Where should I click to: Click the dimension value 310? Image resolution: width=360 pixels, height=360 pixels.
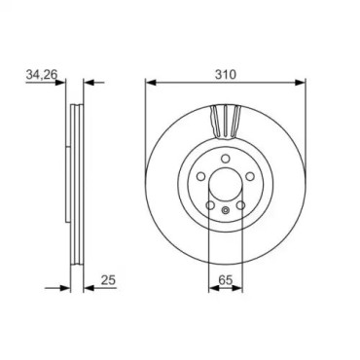pyautogui.click(x=226, y=74)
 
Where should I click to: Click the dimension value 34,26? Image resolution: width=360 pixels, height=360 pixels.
pyautogui.click(x=42, y=75)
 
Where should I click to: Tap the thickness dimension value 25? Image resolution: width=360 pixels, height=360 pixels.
pyautogui.click(x=108, y=280)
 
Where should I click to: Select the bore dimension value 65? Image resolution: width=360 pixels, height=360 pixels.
pyautogui.click(x=226, y=280)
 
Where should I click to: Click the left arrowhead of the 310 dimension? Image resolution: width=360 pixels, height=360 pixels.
pyautogui.click(x=151, y=83)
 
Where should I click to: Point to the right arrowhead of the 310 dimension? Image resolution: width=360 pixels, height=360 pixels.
pyautogui.click(x=301, y=83)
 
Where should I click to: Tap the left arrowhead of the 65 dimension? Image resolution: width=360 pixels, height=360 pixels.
pyautogui.click(x=213, y=287)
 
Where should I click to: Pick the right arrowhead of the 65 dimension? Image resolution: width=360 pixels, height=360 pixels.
pyautogui.click(x=237, y=287)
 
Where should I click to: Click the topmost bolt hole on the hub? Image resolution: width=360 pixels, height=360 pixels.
pyautogui.click(x=226, y=159)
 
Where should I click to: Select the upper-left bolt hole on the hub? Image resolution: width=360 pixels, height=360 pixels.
pyautogui.click(x=201, y=176)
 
